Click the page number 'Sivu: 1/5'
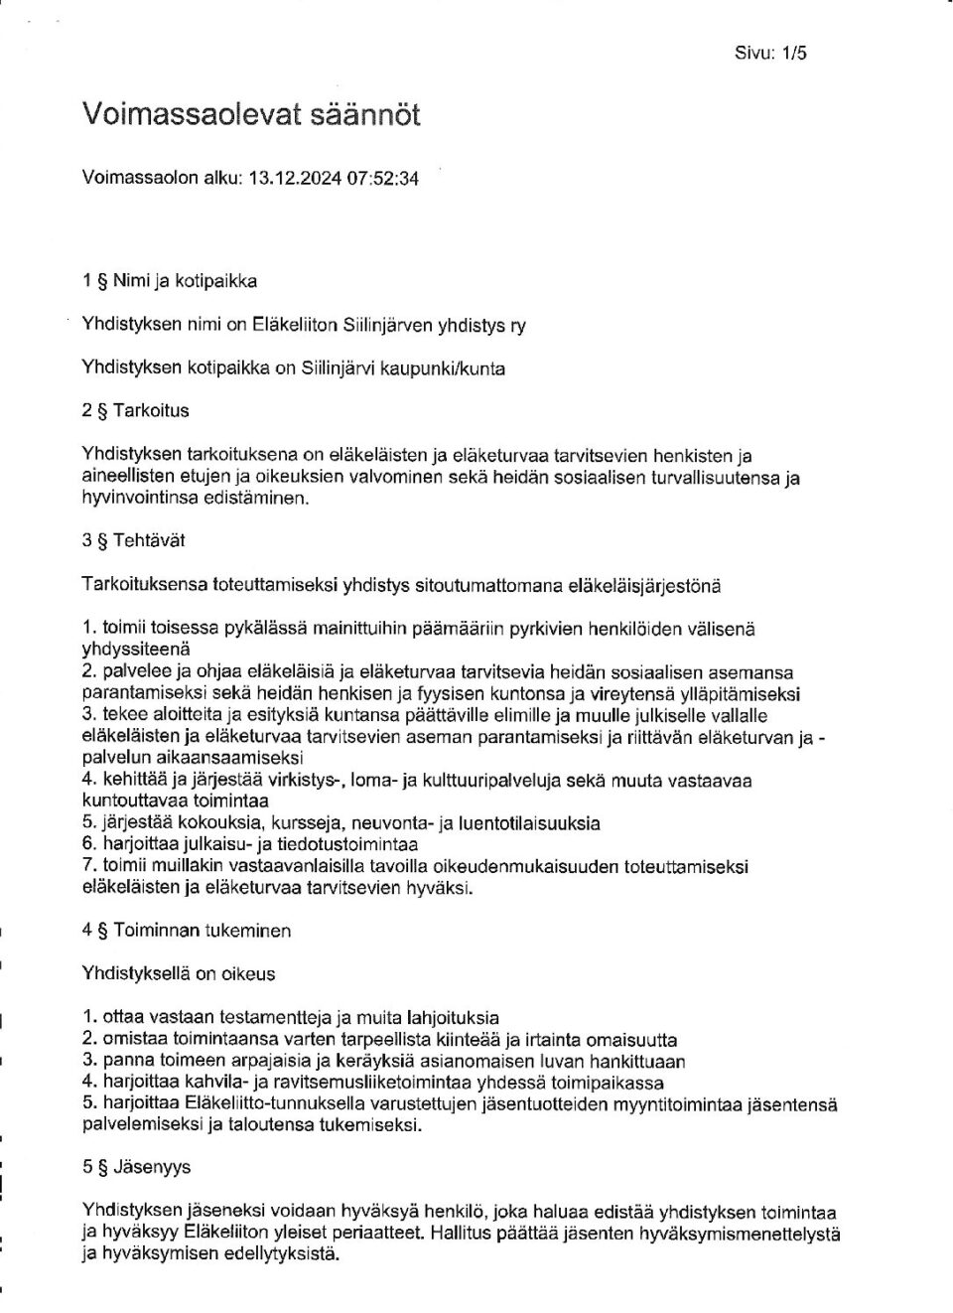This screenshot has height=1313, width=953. (x=770, y=54)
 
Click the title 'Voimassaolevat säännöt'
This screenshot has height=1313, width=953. (x=251, y=115)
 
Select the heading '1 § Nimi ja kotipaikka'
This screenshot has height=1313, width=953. (x=170, y=281)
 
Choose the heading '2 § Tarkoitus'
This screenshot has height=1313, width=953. (x=135, y=410)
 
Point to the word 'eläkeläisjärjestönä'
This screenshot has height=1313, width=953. (x=643, y=586)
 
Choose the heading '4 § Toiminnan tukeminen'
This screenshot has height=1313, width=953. (x=187, y=932)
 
